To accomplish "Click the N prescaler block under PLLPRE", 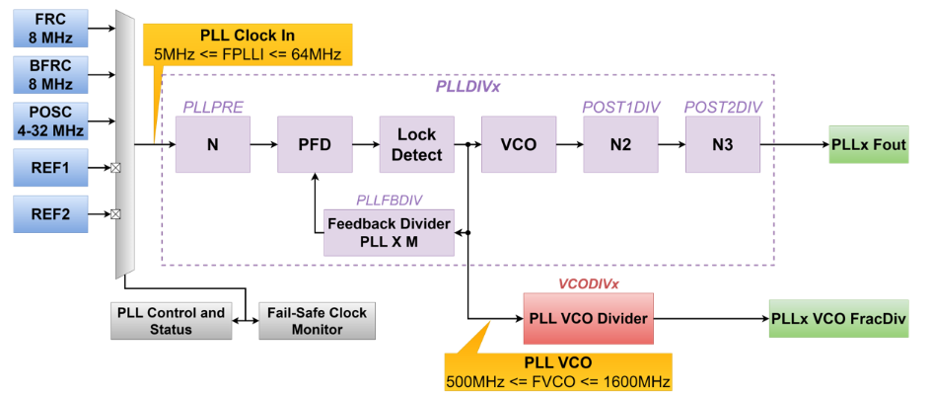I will [212, 144].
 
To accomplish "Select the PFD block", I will [315, 144].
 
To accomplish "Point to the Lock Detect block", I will [417, 144].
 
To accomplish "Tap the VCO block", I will [518, 144].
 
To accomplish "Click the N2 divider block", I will [620, 144].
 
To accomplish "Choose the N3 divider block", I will [723, 144].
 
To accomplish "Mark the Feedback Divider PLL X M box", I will [389, 233].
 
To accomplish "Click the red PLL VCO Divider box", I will [586, 319].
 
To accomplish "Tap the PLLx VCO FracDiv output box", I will [839, 319].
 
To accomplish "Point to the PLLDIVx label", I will [467, 86].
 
